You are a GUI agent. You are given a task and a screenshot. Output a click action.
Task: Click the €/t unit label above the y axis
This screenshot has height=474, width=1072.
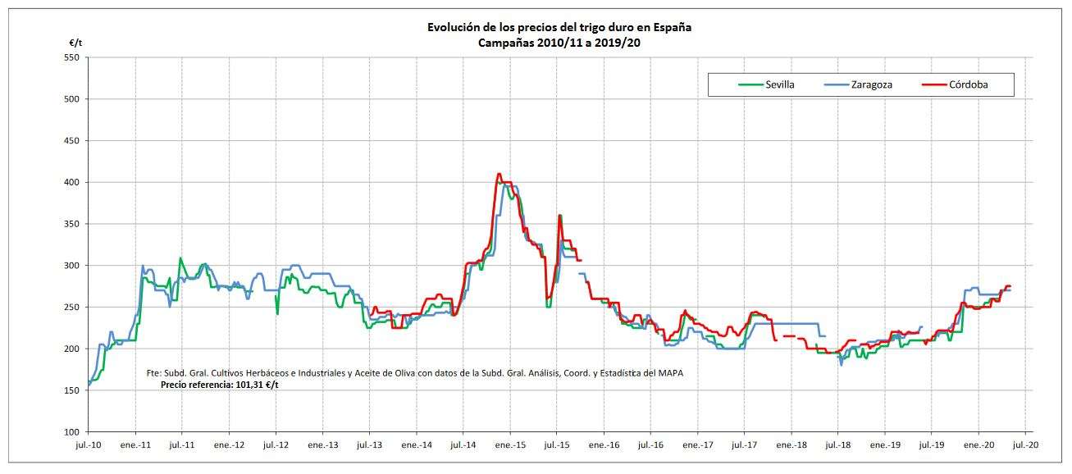coord(75,42)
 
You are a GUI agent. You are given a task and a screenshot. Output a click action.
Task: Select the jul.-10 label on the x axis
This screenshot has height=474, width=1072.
coord(88,445)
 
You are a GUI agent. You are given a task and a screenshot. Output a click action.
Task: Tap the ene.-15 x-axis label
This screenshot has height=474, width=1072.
coord(510,445)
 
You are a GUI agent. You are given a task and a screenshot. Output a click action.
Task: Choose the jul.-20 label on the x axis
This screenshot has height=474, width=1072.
coord(1026,445)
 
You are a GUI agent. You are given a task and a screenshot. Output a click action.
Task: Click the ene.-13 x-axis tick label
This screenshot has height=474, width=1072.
coord(322,445)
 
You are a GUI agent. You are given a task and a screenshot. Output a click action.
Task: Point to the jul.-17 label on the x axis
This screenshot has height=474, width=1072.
coord(745,445)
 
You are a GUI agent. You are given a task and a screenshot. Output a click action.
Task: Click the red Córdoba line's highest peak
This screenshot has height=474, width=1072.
coord(499,174)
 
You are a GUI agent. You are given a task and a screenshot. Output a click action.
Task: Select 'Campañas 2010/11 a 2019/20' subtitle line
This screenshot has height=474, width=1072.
coord(559,43)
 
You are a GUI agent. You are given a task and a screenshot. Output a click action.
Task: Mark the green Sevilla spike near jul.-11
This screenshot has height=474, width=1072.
coord(180,258)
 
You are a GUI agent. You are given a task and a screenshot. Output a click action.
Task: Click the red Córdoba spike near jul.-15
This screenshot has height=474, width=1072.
coord(559,216)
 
